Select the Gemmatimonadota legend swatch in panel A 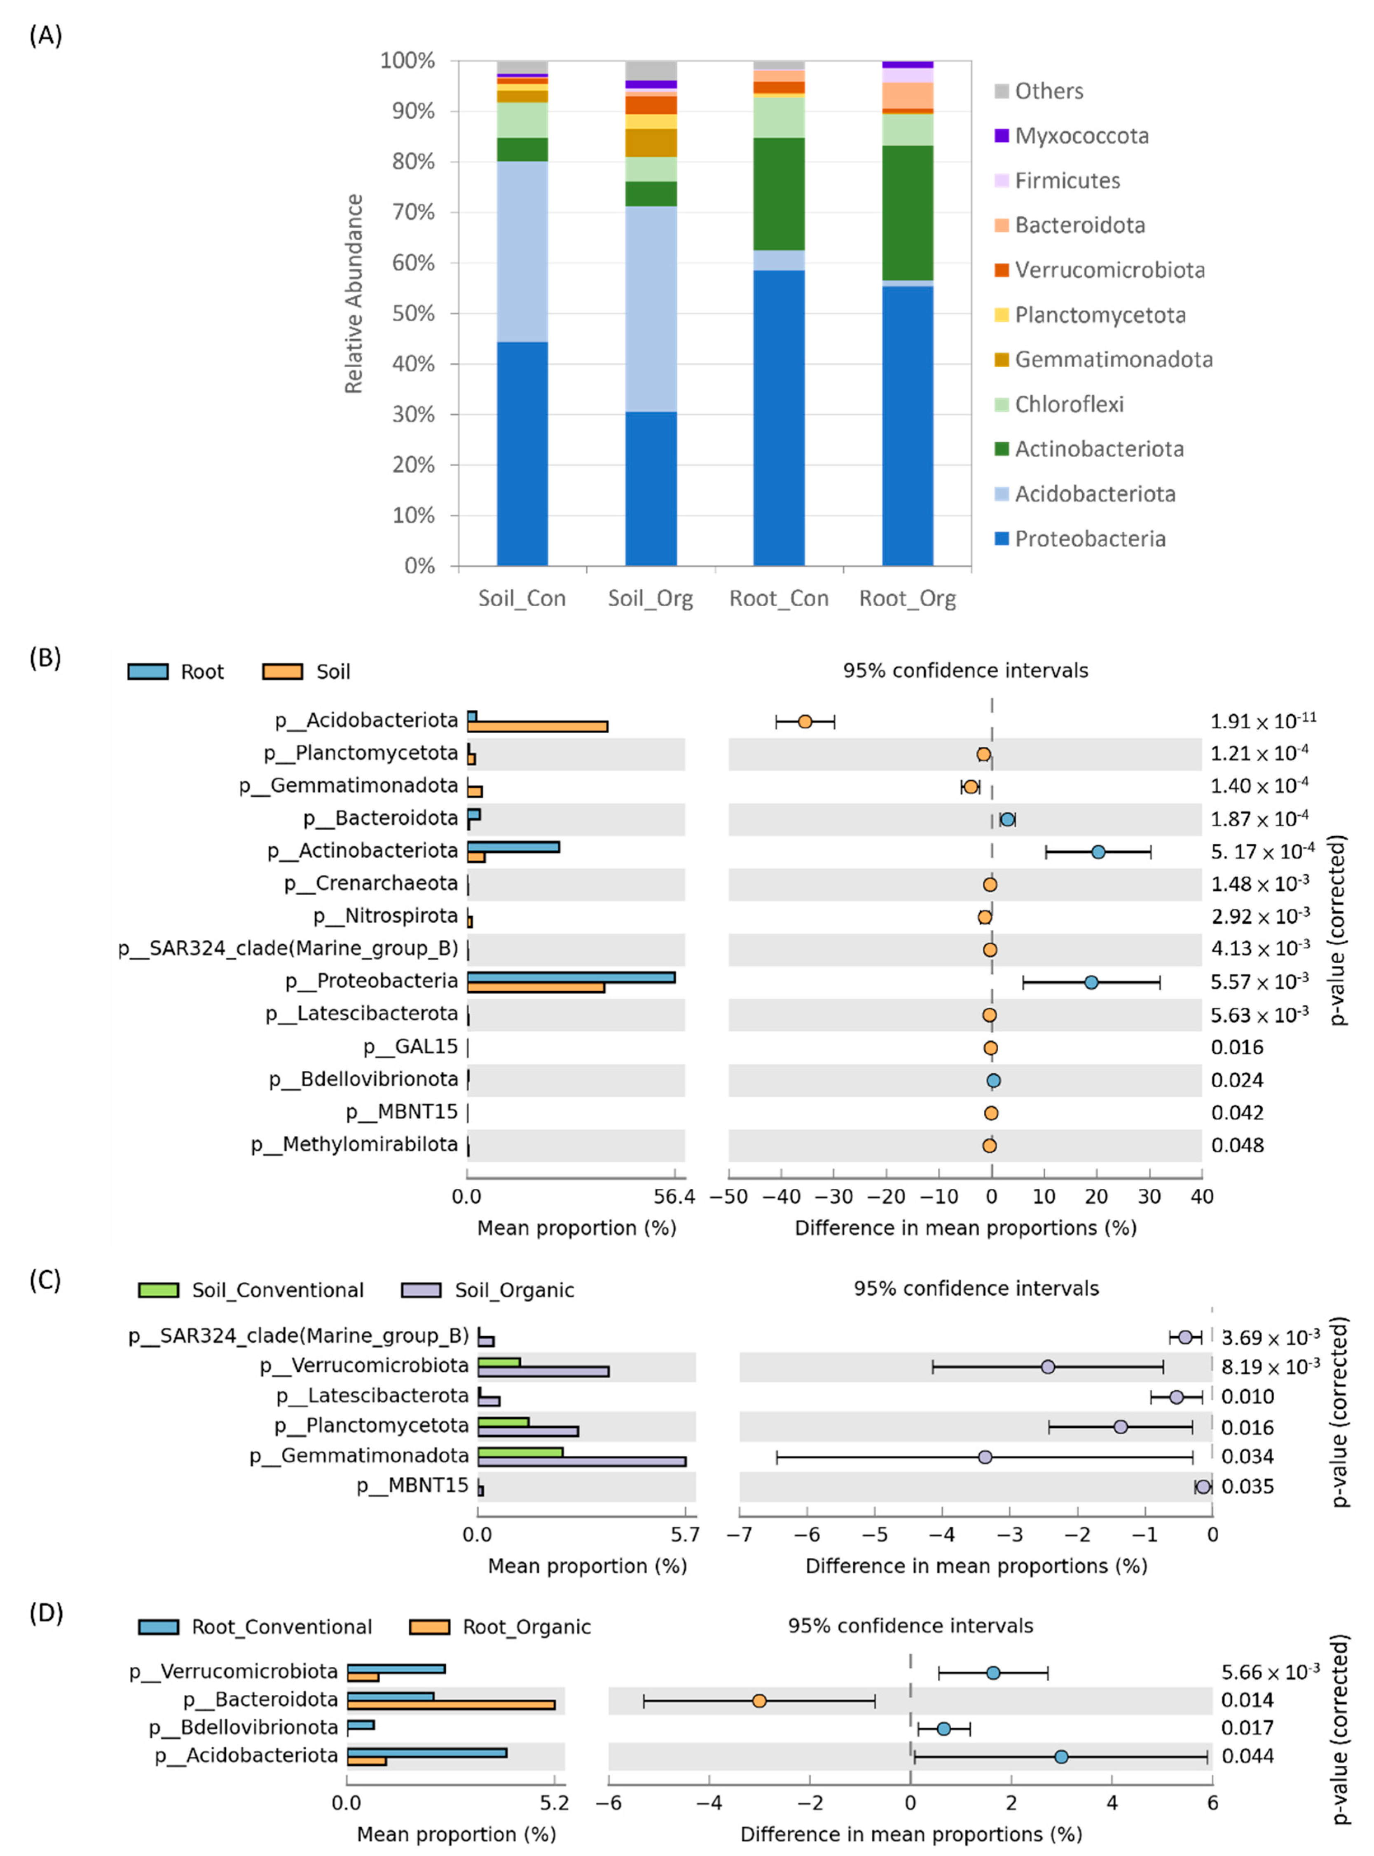pos(1002,359)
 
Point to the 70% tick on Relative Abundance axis pos(413,212)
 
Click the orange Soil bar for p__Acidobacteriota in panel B pos(537,726)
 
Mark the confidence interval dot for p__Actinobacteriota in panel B pos(1098,852)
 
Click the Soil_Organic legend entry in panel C pos(513,1291)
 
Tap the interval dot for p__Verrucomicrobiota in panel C pos(1048,1367)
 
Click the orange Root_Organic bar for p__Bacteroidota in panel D pos(451,1705)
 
